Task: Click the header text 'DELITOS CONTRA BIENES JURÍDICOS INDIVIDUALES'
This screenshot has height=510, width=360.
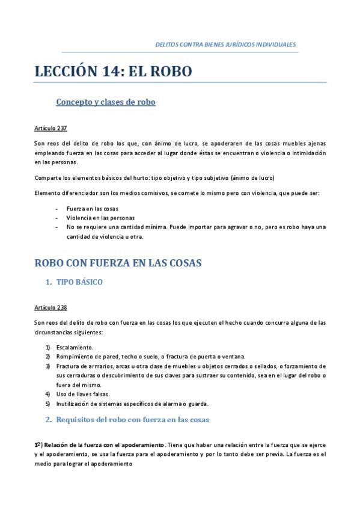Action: coord(225,45)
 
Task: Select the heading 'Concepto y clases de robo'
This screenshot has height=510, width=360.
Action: coord(106,102)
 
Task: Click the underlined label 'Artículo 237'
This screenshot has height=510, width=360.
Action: coord(50,128)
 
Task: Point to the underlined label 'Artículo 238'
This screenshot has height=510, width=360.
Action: coord(50,307)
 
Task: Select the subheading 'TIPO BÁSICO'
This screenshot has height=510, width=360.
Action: coord(79,281)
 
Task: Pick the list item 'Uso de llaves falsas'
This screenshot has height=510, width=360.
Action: coord(84,394)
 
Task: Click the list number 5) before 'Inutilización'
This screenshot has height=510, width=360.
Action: coord(47,403)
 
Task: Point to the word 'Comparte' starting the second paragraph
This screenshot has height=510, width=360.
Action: coord(48,178)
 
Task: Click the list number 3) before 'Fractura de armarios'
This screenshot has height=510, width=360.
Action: coord(47,366)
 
